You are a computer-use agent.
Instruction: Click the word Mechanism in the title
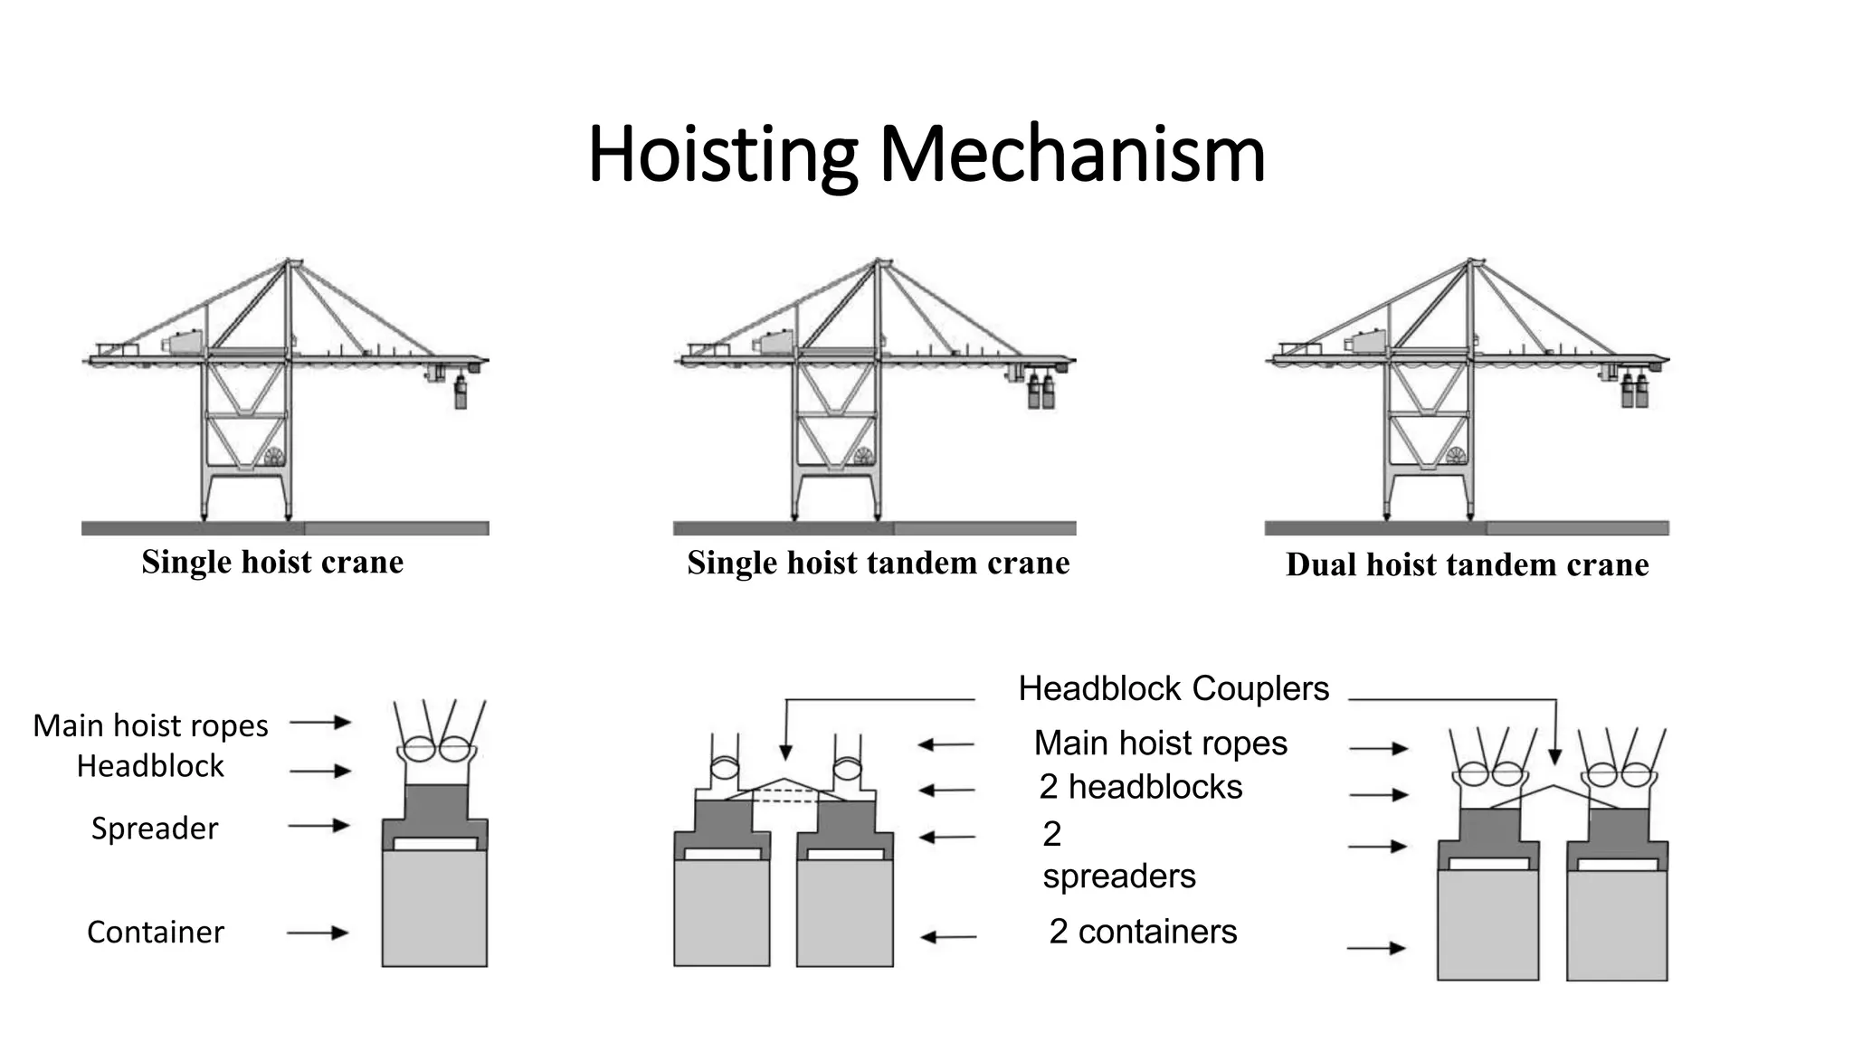[x=1072, y=155]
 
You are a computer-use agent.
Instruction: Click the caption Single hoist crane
[x=272, y=562]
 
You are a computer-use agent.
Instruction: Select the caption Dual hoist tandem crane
[x=1467, y=564]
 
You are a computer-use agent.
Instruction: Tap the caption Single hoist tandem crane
[x=878, y=563]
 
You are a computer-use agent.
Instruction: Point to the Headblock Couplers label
[x=1174, y=688]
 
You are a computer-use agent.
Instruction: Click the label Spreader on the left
[x=155, y=829]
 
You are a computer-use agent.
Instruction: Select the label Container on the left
[x=156, y=932]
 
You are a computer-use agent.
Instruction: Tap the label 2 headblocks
[x=1140, y=787]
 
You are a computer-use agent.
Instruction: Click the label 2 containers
[x=1143, y=932]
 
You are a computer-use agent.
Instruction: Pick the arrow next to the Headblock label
[x=320, y=771]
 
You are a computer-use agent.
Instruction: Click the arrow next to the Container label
[x=318, y=933]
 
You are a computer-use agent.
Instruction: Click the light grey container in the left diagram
[x=434, y=907]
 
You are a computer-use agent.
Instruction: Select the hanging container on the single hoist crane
[x=461, y=394]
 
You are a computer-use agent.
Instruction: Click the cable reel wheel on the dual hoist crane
[x=1455, y=455]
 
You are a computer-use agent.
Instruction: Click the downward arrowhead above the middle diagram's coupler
[x=785, y=753]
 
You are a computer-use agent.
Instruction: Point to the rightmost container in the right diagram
[x=1616, y=924]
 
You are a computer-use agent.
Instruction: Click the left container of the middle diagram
[x=721, y=912]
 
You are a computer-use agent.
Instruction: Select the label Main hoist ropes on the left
[x=150, y=725]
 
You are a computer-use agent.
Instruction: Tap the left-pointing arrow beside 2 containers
[x=947, y=937]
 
